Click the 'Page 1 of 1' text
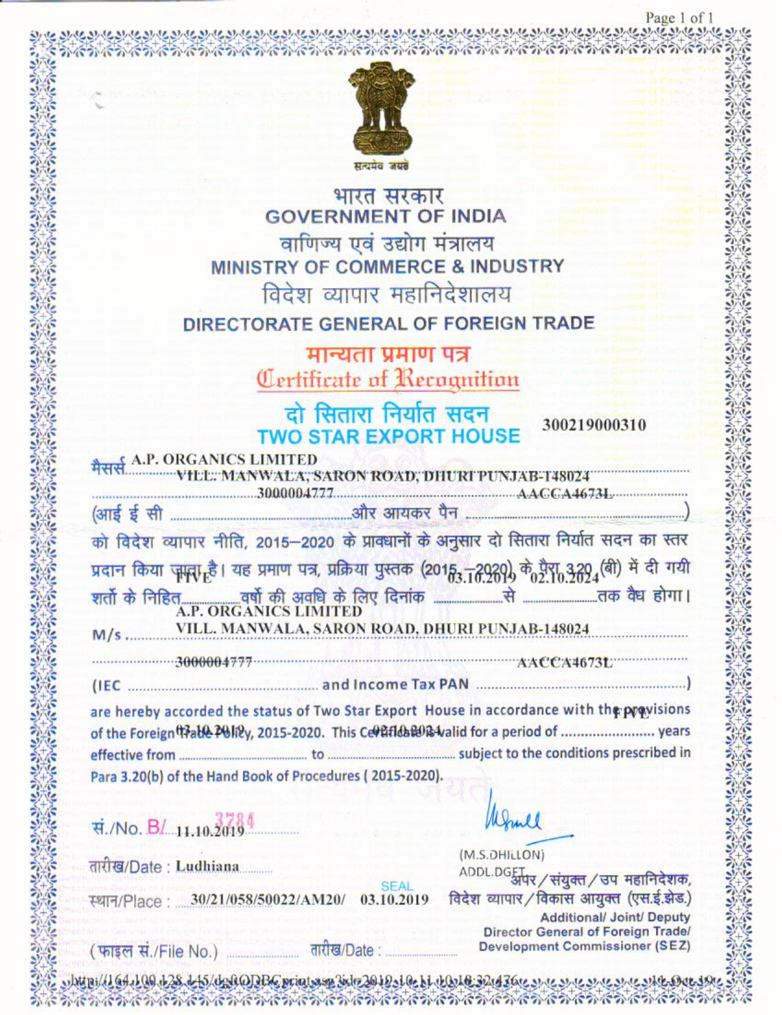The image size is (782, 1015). [x=679, y=18]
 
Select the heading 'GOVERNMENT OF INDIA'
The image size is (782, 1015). [x=385, y=217]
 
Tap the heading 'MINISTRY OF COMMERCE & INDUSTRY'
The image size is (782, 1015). [x=388, y=267]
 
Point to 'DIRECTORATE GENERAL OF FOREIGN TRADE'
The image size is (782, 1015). [x=388, y=324]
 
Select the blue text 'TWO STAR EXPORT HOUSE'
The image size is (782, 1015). [x=388, y=436]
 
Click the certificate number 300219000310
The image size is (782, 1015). [x=594, y=425]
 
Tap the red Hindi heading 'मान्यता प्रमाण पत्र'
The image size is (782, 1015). [x=388, y=354]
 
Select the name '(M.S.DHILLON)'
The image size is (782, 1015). [x=502, y=854]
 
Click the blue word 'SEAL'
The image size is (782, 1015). [x=397, y=886]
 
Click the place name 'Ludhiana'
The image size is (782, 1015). [x=207, y=867]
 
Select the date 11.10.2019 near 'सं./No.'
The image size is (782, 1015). [x=210, y=831]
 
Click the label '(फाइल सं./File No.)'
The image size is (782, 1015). [x=155, y=951]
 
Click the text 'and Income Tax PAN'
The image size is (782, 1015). [x=395, y=684]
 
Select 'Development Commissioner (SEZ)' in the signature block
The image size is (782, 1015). [x=584, y=946]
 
